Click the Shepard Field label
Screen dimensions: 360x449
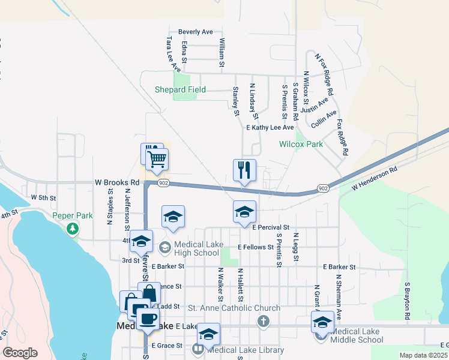[x=180, y=90]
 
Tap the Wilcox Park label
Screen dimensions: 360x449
[x=301, y=144]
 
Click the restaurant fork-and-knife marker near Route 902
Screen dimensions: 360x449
[x=244, y=170]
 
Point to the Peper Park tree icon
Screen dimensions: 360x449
[x=73, y=228]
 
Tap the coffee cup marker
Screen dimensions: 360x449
[x=148, y=319]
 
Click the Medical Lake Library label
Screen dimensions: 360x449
[x=246, y=350]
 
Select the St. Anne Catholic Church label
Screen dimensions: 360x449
[x=234, y=308]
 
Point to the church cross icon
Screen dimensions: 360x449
[x=262, y=321]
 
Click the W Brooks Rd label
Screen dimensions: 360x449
[x=117, y=182]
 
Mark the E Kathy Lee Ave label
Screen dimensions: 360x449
[x=270, y=128]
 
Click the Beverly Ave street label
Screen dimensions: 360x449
[x=196, y=32]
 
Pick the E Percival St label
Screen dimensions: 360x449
[x=271, y=228]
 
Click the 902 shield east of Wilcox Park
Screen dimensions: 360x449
[x=324, y=188]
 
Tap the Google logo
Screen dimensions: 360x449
[x=20, y=353]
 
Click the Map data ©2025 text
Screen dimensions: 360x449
[x=424, y=355]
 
